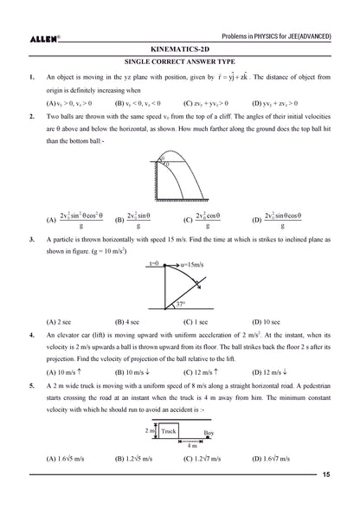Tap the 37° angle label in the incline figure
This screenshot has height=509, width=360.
click(x=180, y=304)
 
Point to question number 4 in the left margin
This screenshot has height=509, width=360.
click(x=32, y=333)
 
